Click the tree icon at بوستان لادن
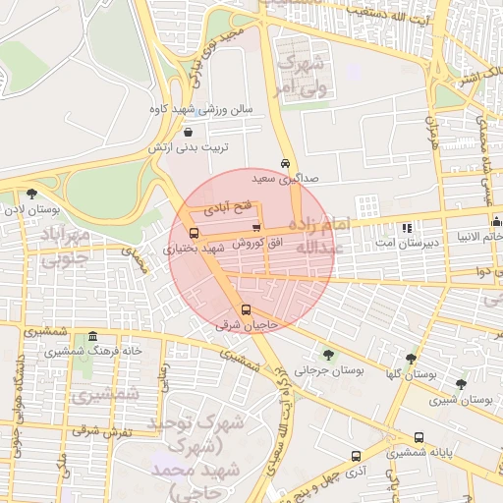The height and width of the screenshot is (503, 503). (32, 194)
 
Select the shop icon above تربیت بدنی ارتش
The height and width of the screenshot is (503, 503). (188, 131)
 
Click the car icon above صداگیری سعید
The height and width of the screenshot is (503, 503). (285, 163)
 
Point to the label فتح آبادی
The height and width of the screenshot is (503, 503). (228, 208)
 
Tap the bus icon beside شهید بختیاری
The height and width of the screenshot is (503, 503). (193, 234)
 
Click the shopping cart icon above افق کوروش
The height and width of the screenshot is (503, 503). (256, 228)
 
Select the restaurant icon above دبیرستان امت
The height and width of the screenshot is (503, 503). (407, 227)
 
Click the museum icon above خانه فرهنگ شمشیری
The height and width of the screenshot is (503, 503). (92, 336)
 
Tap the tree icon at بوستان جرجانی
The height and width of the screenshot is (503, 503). (328, 356)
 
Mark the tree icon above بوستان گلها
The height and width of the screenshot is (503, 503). (411, 359)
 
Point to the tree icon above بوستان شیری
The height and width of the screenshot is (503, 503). (461, 384)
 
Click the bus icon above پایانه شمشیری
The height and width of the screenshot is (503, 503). (419, 437)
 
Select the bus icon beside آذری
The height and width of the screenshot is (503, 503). (356, 456)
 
